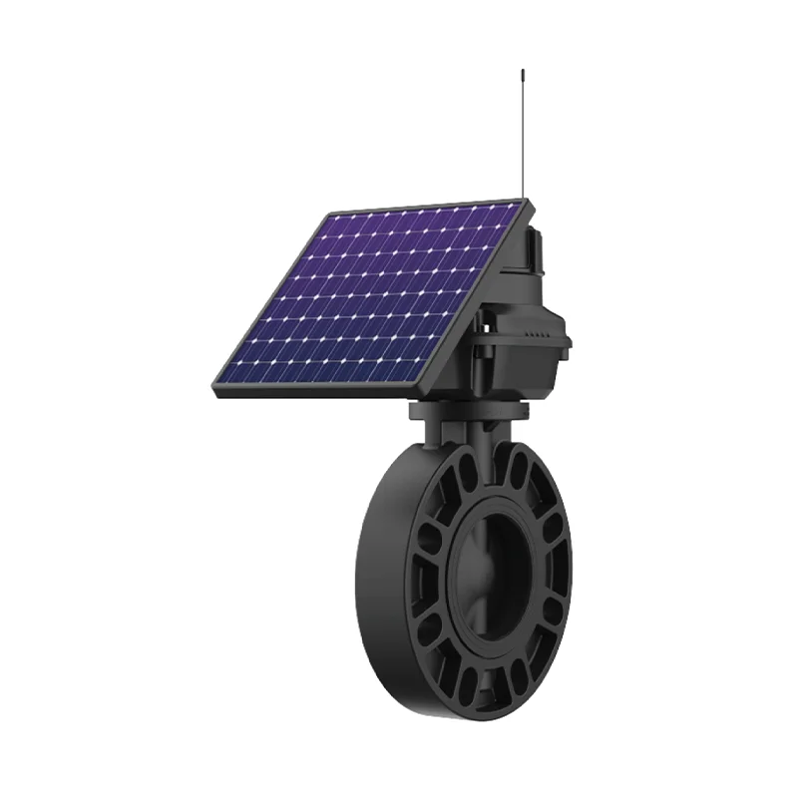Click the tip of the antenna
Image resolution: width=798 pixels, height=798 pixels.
[522, 71]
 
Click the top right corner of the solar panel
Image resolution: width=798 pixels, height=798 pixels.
[526, 202]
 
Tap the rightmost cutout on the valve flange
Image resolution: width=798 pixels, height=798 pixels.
[559, 579]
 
